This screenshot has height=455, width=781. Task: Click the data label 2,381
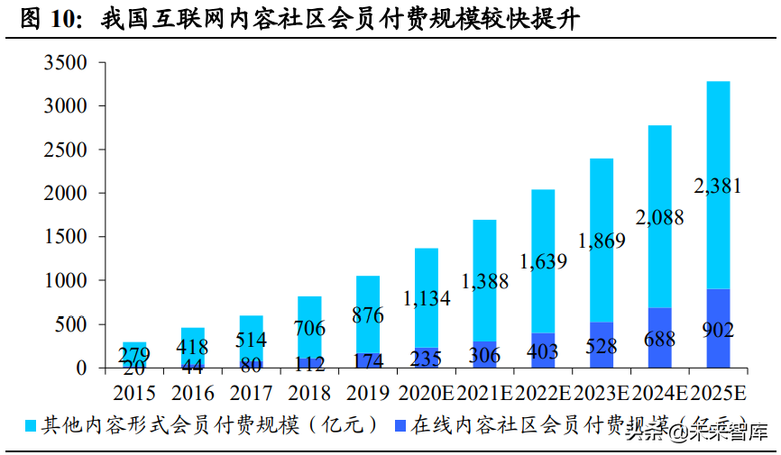click(x=718, y=187)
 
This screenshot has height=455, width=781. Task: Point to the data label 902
click(x=718, y=330)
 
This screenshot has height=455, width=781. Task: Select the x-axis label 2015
click(x=134, y=393)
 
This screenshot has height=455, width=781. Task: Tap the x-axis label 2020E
click(x=426, y=393)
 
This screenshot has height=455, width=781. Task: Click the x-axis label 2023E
click(x=602, y=393)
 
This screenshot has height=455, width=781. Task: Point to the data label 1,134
click(x=426, y=298)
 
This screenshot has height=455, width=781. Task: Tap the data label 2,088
click(x=659, y=217)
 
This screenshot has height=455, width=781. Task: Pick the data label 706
click(x=309, y=327)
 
